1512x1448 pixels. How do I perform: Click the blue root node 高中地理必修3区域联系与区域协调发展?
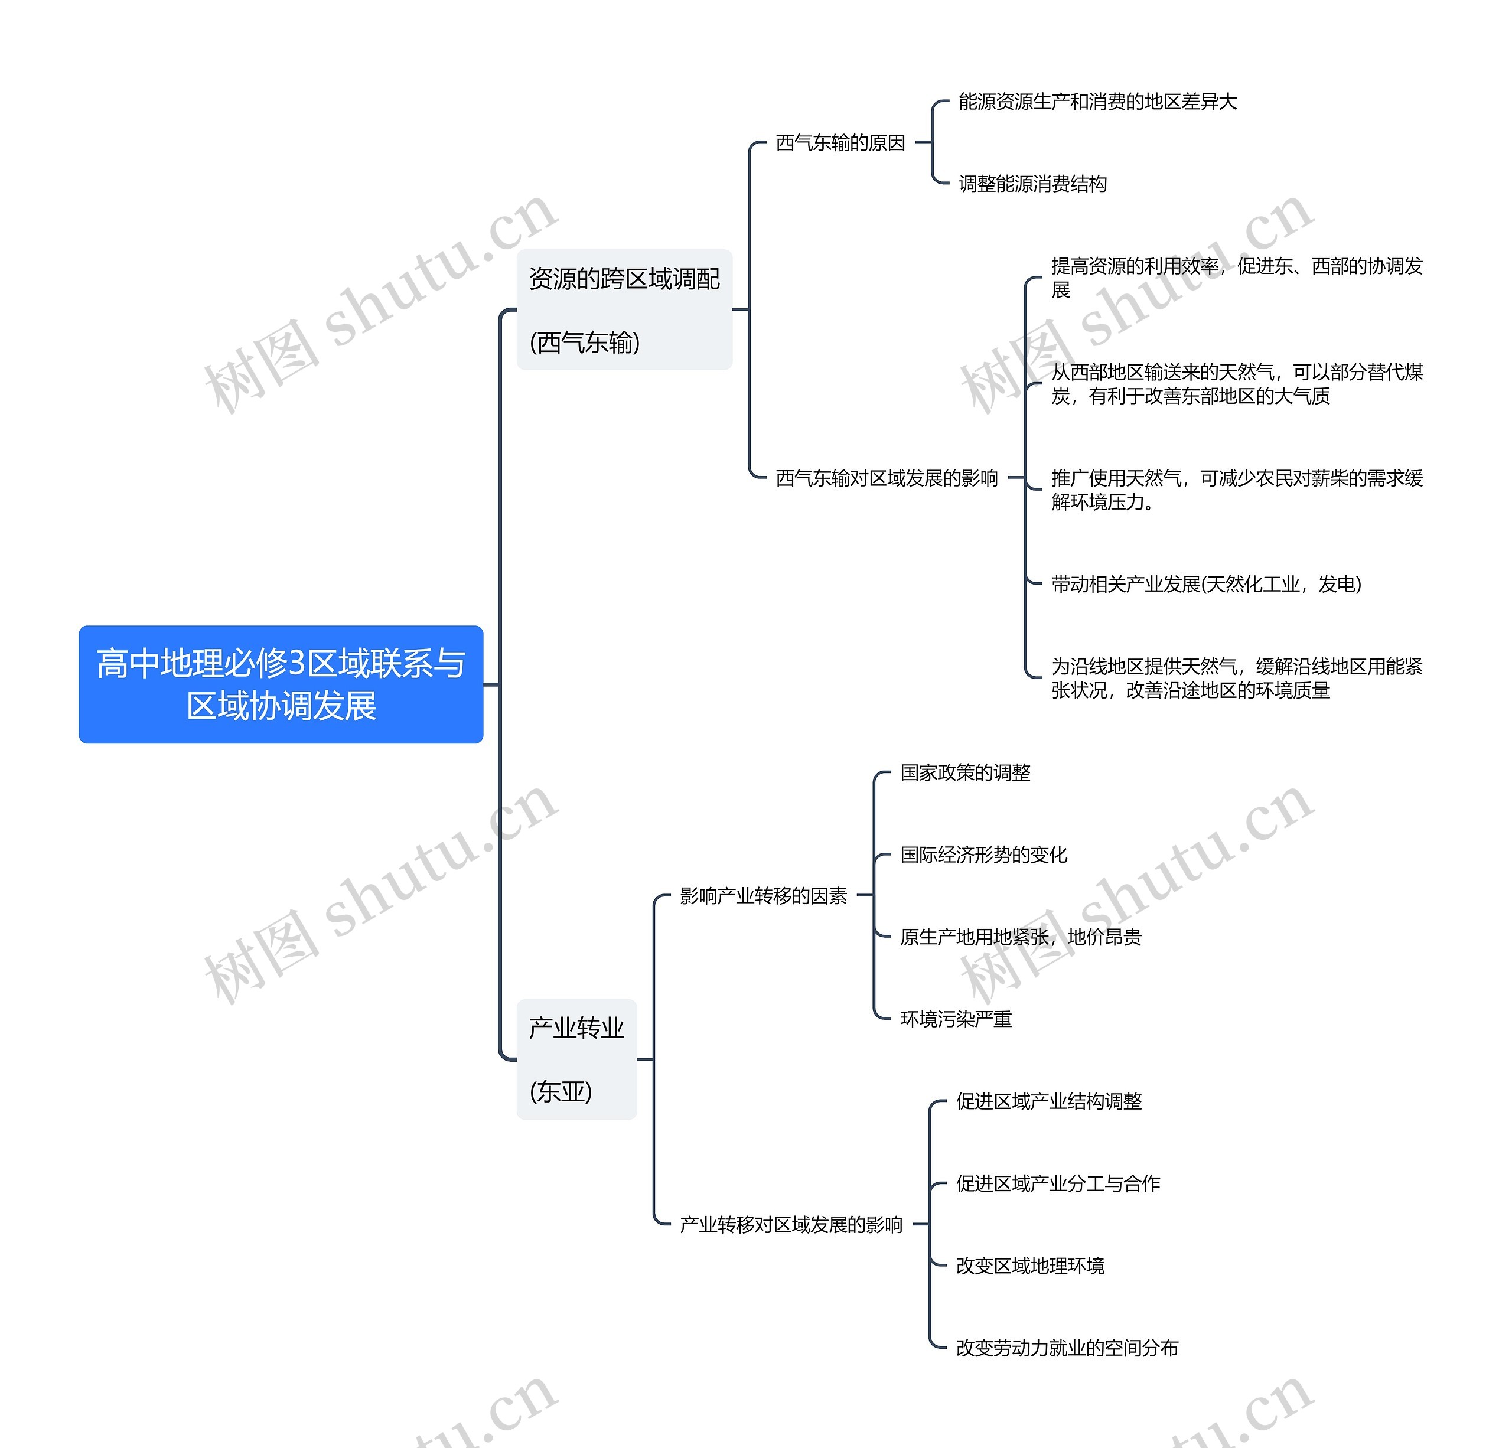click(x=281, y=684)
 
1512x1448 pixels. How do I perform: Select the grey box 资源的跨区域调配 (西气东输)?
click(x=624, y=309)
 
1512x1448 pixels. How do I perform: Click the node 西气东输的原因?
click(x=840, y=143)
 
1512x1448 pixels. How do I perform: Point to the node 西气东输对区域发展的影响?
click(x=887, y=478)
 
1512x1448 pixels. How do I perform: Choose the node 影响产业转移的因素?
click(x=763, y=896)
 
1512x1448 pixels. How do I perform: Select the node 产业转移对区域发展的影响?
click(x=791, y=1225)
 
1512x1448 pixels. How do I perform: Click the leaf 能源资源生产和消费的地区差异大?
click(x=1097, y=102)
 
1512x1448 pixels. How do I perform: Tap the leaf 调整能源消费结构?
click(x=1032, y=184)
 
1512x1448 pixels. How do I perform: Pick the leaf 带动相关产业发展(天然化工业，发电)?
click(x=1205, y=584)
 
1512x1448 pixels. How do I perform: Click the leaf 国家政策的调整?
click(x=965, y=772)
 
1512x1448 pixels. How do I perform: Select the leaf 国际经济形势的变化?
click(x=983, y=855)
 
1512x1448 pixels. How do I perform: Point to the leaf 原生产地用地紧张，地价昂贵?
click(x=1021, y=937)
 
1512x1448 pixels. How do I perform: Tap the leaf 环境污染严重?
click(x=956, y=1019)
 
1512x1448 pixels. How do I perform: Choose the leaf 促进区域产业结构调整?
click(x=1048, y=1101)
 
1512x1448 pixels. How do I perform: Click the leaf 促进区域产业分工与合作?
click(x=1058, y=1183)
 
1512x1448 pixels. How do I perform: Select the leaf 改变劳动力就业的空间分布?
click(x=1067, y=1348)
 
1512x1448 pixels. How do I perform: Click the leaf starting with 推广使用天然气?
click(x=1237, y=490)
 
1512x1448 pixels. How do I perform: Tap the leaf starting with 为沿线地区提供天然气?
click(x=1237, y=678)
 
